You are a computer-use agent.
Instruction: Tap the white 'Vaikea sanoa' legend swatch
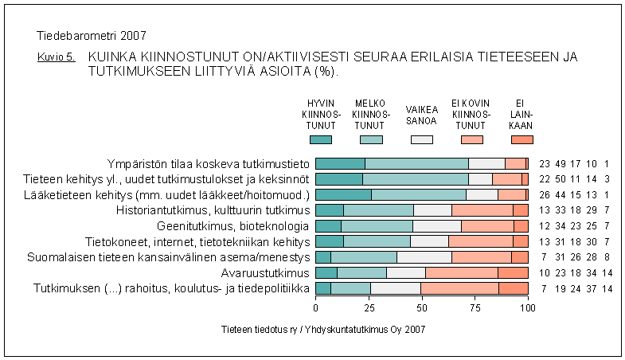click(x=421, y=139)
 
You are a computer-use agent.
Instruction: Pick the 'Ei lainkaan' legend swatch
click(x=521, y=139)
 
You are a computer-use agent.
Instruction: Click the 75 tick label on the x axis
click(x=475, y=307)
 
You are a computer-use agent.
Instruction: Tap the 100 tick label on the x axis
click(x=527, y=307)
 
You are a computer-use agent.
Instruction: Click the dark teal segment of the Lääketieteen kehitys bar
click(x=343, y=194)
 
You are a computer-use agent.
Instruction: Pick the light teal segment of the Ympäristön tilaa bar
click(x=416, y=163)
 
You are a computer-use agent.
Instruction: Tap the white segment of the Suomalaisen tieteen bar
click(x=424, y=256)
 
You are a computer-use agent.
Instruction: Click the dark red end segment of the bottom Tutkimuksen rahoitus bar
click(x=514, y=288)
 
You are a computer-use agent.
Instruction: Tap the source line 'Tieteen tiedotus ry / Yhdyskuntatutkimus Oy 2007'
click(x=323, y=329)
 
